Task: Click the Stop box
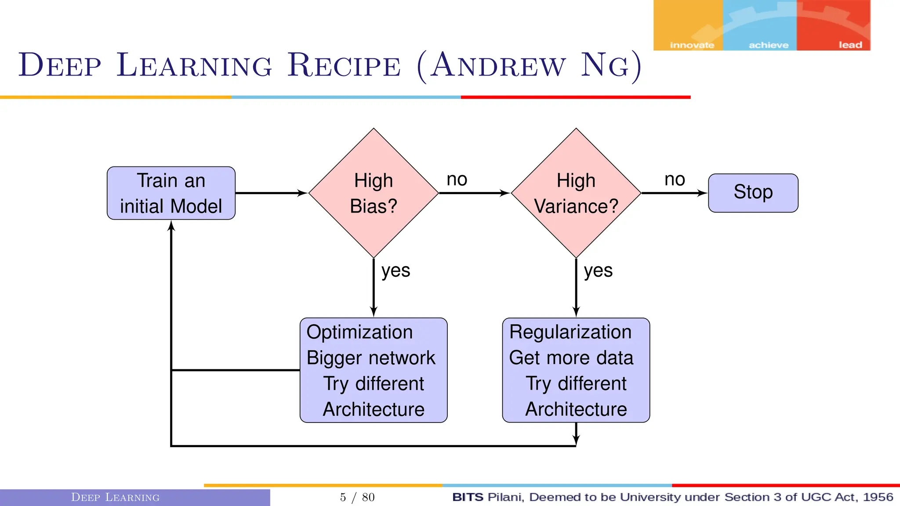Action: (x=753, y=193)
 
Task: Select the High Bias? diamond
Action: (x=374, y=193)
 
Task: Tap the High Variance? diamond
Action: (x=576, y=193)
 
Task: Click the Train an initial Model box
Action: (x=171, y=193)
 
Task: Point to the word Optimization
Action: (x=359, y=332)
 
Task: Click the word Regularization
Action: (x=570, y=332)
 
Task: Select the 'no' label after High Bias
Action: (x=457, y=180)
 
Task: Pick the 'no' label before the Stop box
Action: (x=675, y=180)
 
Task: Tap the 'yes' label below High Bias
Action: (x=396, y=271)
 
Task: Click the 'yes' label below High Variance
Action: (x=598, y=271)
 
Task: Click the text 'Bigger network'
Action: (x=371, y=358)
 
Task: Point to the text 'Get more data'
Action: (x=571, y=358)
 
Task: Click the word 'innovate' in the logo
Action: (x=692, y=45)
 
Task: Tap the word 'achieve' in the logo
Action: (x=769, y=45)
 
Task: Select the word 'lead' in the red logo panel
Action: (x=850, y=45)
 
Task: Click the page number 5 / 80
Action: (x=357, y=497)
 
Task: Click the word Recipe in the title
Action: (x=344, y=66)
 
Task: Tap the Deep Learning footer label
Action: (x=115, y=497)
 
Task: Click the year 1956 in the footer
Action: (x=878, y=497)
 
